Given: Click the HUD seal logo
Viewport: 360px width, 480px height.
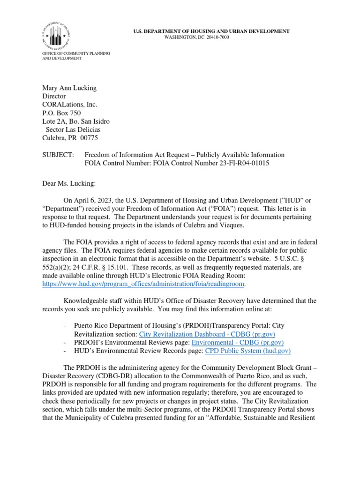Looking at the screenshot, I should click(59, 33).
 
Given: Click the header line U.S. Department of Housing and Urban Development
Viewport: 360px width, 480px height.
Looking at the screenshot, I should click(211, 31).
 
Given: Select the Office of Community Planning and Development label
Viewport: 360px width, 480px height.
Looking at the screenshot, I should click(76, 56).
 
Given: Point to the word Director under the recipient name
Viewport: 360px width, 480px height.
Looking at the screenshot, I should click(54, 96).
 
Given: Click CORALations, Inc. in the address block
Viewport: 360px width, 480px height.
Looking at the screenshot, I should click(70, 105).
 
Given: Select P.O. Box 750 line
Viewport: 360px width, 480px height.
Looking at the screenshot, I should click(61, 113).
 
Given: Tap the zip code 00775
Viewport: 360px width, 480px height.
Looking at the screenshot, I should click(90, 138).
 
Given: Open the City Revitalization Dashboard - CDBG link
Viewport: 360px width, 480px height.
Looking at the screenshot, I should click(207, 334).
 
